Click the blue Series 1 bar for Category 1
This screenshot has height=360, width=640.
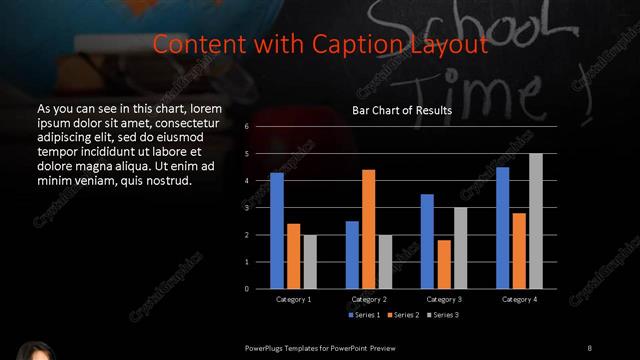coord(277,230)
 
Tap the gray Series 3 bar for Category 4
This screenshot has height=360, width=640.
coord(536,221)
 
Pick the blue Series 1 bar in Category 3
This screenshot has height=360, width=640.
coord(427,241)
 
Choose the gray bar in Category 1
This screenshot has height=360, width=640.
coord(309,261)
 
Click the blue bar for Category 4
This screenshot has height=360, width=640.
coord(502,228)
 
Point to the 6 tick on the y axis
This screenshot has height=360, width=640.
coord(247,128)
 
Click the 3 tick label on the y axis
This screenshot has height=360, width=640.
coord(247,208)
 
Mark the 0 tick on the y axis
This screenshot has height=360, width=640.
coord(247,289)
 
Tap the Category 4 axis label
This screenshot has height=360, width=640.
coord(519,299)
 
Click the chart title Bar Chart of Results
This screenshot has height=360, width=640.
coord(402,110)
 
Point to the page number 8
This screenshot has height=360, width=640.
coord(589,347)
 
